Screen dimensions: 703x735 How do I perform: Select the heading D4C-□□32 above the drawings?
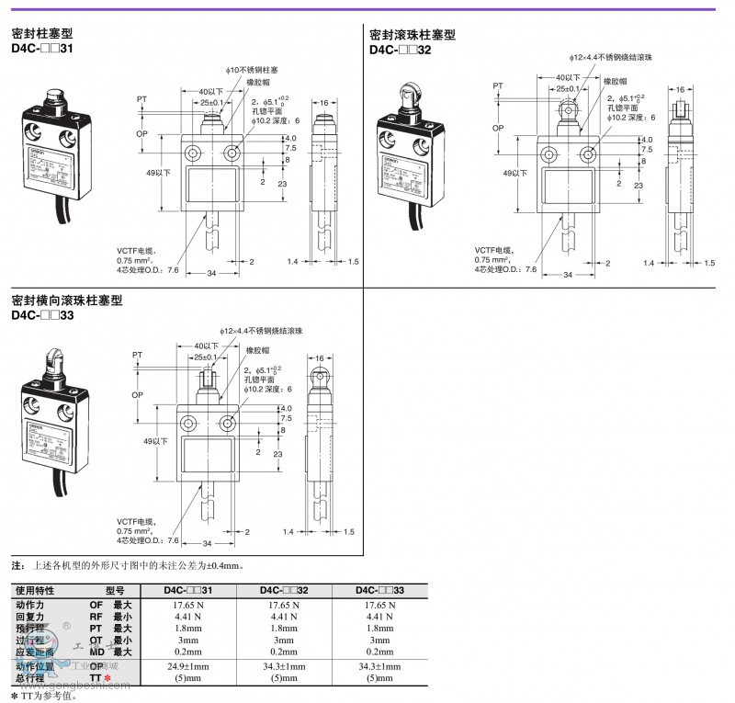pyautogui.click(x=400, y=50)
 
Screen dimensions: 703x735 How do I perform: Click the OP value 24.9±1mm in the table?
pyautogui.click(x=188, y=666)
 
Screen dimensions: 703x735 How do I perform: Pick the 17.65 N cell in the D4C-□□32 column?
pyautogui.click(x=285, y=606)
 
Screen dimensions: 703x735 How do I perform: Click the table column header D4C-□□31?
pyautogui.click(x=188, y=590)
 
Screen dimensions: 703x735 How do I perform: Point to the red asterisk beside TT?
pyautogui.click(x=108, y=678)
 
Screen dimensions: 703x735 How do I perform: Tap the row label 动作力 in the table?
pyautogui.click(x=30, y=606)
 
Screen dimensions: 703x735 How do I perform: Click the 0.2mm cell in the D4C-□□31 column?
pyautogui.click(x=188, y=652)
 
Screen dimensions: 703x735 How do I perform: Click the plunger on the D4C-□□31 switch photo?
pyautogui.click(x=51, y=98)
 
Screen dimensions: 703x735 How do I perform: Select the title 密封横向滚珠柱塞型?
pyautogui.click(x=66, y=300)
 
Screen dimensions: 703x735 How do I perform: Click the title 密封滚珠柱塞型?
pyautogui.click(x=412, y=35)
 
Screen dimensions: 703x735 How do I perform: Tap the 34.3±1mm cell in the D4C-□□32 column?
pyautogui.click(x=285, y=666)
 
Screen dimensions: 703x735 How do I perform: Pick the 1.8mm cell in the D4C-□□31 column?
pyautogui.click(x=188, y=629)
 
